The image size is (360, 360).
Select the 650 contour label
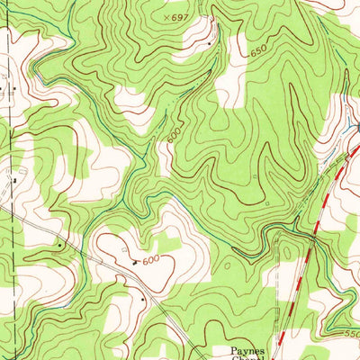(x=260, y=53)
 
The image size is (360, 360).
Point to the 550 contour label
(x=349, y=334)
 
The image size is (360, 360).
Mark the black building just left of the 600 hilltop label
(x=135, y=262)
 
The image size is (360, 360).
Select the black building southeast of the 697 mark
(x=211, y=42)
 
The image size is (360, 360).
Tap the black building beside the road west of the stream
(x=59, y=243)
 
